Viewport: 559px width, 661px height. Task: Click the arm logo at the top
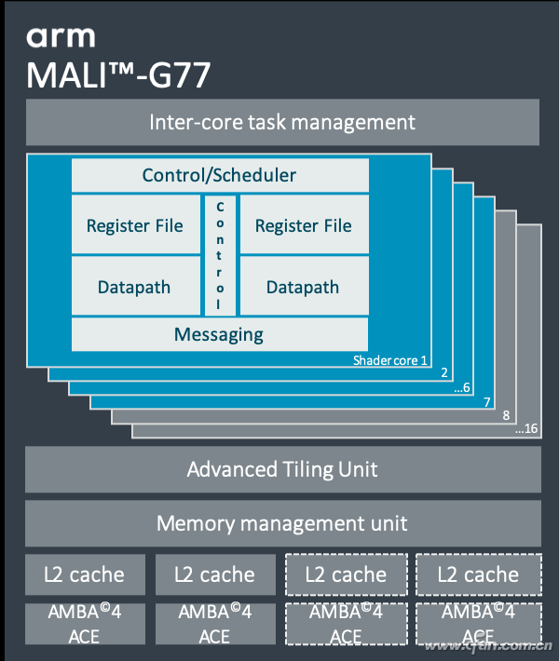[61, 36]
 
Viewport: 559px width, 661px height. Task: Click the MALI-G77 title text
[118, 74]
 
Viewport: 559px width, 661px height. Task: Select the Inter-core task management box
[282, 122]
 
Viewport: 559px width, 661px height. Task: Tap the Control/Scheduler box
[219, 175]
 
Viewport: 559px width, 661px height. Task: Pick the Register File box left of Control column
[135, 225]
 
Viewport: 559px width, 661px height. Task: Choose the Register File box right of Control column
[304, 225]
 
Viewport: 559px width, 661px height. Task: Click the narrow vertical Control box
[220, 255]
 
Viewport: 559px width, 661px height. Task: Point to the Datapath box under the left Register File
[135, 287]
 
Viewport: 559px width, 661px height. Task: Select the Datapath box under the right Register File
[304, 287]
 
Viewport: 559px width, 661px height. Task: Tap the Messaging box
[219, 334]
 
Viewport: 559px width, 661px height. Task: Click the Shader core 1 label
[390, 360]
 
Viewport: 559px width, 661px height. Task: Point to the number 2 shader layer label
[444, 373]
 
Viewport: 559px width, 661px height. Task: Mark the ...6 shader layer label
[462, 387]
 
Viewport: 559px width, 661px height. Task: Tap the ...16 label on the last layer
[526, 429]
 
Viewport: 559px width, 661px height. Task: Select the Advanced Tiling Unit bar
[282, 468]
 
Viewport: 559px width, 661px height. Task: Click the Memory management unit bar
[282, 523]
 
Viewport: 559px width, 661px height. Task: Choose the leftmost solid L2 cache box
[83, 574]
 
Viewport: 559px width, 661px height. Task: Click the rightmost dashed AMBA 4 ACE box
[477, 624]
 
